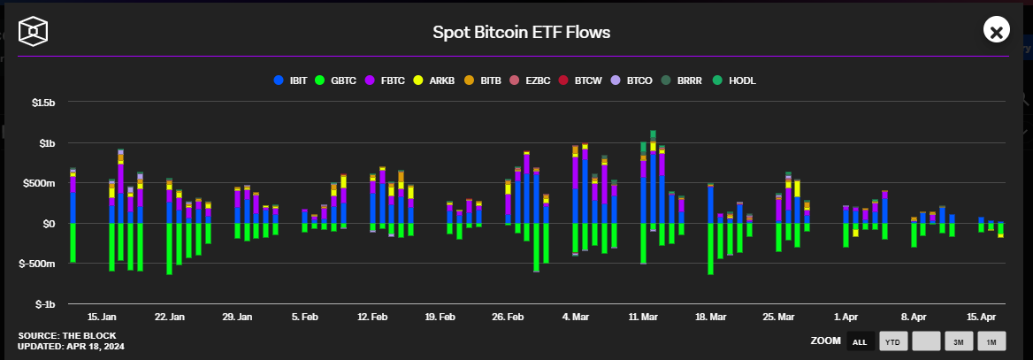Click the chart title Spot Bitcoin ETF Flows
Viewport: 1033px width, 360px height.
[x=521, y=33]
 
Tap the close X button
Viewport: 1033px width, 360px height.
[x=996, y=32]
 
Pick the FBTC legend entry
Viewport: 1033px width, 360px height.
[x=386, y=80]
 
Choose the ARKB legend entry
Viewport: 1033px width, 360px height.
[x=436, y=80]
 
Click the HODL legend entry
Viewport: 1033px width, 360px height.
[x=736, y=80]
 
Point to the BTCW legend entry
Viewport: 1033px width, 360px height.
[x=581, y=80]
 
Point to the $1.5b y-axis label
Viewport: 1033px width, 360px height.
[x=43, y=103]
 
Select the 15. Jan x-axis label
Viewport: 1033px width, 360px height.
[x=103, y=317]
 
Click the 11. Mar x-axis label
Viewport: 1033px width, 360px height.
[x=643, y=317]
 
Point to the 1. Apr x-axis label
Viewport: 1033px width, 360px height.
[x=846, y=317]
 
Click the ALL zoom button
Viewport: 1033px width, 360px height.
[x=859, y=341]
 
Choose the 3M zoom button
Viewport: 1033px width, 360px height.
[x=958, y=341]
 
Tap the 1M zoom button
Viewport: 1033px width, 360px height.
[x=991, y=341]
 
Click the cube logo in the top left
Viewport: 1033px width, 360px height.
[x=34, y=33]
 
